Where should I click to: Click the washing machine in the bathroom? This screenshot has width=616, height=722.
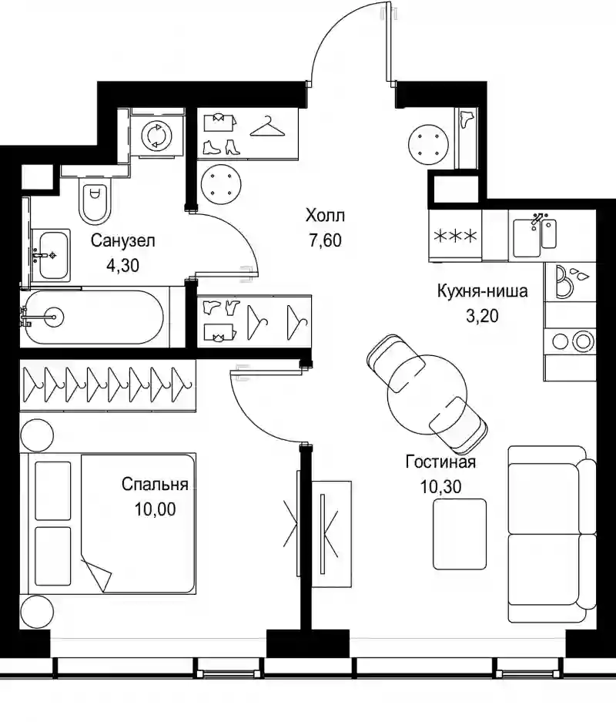157,136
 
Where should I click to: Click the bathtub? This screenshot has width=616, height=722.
92,317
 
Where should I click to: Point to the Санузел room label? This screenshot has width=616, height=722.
123,240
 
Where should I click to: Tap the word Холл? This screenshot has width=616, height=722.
325,215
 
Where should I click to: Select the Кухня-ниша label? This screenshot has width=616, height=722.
482,291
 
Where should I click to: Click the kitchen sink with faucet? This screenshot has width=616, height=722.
534,237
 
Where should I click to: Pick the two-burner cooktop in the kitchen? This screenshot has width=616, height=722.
571,341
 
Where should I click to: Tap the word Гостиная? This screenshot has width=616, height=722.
440,462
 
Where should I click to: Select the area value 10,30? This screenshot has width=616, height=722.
440,487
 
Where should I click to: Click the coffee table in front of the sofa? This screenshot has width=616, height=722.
460,534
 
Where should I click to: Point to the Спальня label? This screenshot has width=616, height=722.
155,485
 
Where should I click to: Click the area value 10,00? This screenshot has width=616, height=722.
155,509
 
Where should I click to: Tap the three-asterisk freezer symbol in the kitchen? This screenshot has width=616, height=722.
455,237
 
